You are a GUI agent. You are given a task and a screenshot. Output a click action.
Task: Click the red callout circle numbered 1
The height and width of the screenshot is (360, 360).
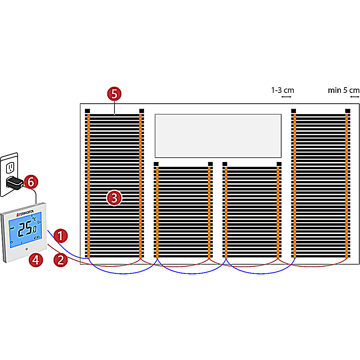(60, 236)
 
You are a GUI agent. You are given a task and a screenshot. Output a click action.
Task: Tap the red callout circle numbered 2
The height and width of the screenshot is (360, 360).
(60, 260)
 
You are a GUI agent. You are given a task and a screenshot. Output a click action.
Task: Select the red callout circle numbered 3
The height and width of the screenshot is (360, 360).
(114, 198)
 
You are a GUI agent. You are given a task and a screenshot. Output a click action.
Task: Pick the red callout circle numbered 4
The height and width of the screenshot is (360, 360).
(35, 260)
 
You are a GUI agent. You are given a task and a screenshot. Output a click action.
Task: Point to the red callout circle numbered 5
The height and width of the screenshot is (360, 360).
(114, 94)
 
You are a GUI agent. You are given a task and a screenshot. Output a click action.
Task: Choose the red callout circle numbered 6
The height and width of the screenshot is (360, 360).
(31, 182)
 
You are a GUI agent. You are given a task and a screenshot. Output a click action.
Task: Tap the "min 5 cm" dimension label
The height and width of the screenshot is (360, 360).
(343, 90)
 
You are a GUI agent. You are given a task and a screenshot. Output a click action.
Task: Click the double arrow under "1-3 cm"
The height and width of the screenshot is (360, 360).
(287, 97)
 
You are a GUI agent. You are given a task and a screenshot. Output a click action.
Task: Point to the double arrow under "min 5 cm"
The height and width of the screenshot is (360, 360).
(355, 97)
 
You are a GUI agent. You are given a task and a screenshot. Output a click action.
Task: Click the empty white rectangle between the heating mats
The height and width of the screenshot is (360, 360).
(218, 136)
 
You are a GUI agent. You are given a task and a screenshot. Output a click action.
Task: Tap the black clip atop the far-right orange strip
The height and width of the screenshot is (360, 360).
(347, 110)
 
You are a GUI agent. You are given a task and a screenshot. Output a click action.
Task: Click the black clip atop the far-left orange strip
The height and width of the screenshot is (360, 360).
(87, 111)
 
